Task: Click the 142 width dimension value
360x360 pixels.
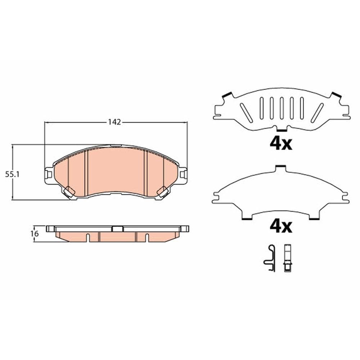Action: (114, 122)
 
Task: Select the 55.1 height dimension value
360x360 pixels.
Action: (12, 174)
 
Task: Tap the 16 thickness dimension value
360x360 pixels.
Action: (35, 233)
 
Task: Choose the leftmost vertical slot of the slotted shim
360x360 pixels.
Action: (262, 108)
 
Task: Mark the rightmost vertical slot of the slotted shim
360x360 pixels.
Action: (301, 108)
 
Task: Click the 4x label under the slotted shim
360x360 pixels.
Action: (281, 144)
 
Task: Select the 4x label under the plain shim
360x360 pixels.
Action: (281, 226)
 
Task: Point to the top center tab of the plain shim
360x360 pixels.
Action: (280, 168)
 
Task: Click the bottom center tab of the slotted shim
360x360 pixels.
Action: (281, 129)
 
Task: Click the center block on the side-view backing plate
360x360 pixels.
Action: (118, 229)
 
